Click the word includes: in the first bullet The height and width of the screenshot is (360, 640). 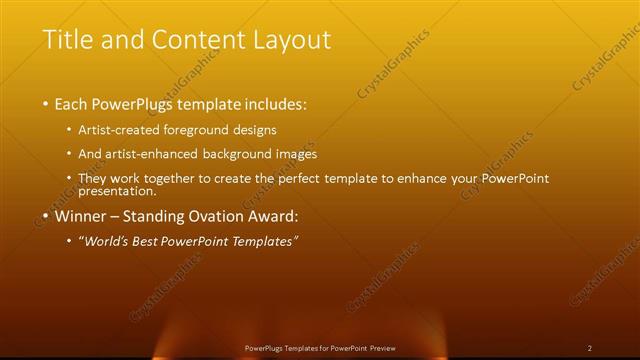269,104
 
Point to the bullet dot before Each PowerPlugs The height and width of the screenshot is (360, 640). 46,104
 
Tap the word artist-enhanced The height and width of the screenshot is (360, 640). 156,154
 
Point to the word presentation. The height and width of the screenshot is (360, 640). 117,190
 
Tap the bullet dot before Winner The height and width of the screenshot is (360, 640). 46,215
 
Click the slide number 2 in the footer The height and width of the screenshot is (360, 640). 590,348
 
